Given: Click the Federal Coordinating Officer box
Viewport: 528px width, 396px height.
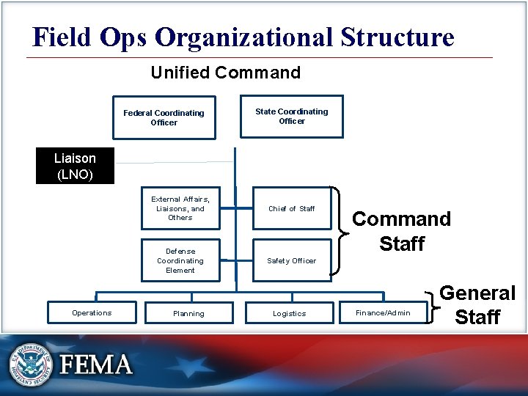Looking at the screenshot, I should click(x=164, y=117).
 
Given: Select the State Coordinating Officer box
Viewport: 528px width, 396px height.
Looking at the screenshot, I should click(x=292, y=116).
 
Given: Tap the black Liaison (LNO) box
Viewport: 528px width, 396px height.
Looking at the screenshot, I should click(x=75, y=166).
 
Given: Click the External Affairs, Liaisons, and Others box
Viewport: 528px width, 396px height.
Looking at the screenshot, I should click(x=180, y=208).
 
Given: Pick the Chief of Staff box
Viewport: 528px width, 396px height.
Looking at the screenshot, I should click(x=292, y=208).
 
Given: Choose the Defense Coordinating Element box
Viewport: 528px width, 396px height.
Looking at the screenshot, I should click(x=180, y=260).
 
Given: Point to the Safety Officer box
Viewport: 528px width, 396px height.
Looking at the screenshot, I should click(x=292, y=260).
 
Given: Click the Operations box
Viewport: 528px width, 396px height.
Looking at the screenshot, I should click(x=92, y=313).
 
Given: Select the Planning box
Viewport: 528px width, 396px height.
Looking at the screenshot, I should click(x=189, y=313).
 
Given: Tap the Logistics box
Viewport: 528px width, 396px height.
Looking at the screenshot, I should click(x=290, y=313).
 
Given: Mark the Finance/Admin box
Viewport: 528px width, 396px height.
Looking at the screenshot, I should click(x=383, y=313).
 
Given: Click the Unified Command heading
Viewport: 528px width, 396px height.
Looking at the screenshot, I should click(x=225, y=73).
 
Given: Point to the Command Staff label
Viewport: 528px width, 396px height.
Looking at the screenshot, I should click(x=402, y=231).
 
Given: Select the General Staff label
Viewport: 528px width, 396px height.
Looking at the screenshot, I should click(x=477, y=305).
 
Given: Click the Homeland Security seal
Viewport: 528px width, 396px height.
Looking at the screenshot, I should click(x=31, y=363).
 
